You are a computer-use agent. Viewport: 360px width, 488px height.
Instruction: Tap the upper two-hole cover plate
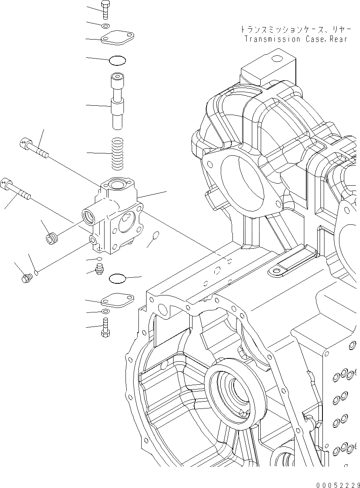click(117, 38)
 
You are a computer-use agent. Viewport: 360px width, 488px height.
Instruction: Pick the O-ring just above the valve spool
click(117, 61)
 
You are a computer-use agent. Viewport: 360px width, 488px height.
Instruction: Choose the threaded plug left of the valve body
click(51, 239)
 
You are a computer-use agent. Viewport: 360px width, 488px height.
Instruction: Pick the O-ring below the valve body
click(117, 278)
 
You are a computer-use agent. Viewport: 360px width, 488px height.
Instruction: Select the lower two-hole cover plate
click(117, 300)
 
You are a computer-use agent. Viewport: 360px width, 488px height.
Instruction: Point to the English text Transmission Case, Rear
click(295, 40)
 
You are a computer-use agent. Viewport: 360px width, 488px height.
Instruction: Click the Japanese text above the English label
click(293, 29)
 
